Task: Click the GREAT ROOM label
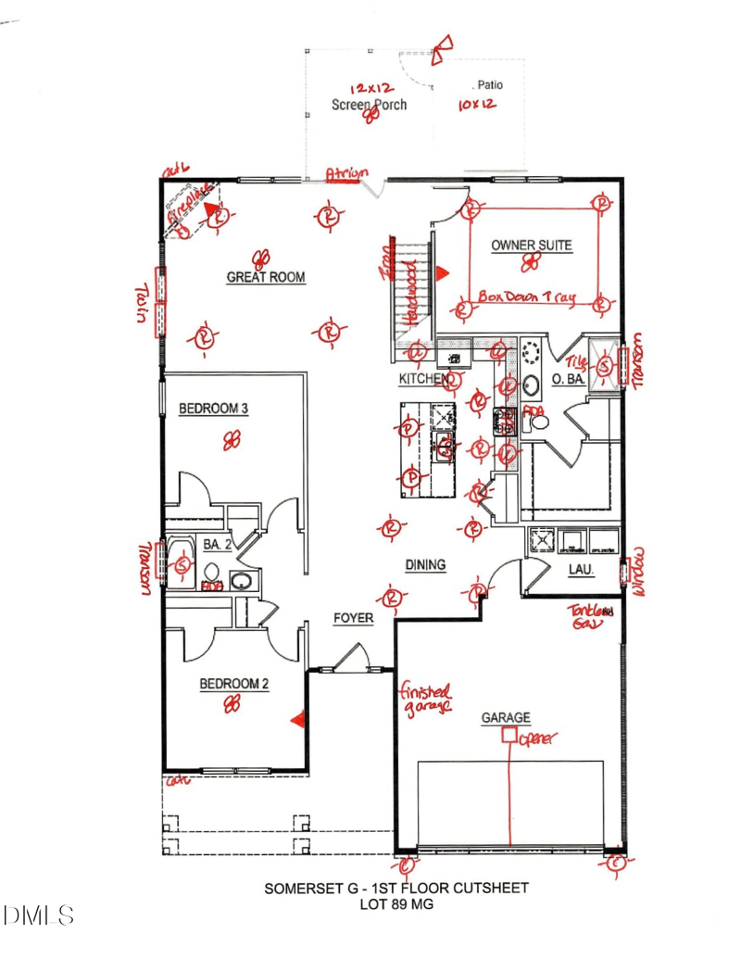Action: pos(266,277)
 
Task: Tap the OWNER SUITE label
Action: pos(531,246)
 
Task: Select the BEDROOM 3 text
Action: pos(213,409)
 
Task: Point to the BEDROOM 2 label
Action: pos(234,684)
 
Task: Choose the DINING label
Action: pos(425,564)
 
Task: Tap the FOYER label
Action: pos(353,618)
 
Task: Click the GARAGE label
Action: pos(506,717)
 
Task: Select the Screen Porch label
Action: pos(369,105)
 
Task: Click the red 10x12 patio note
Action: pos(477,105)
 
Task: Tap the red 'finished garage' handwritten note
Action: pos(425,697)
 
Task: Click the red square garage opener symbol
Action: pos(509,736)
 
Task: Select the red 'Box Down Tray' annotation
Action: pos(526,297)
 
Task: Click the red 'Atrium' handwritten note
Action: pos(346,173)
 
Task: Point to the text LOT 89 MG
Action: pos(396,903)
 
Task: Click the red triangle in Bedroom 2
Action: pos(297,718)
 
